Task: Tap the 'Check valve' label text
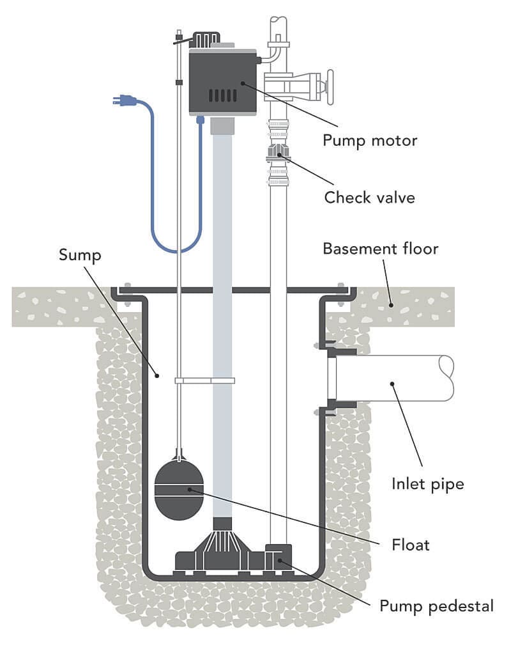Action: click(369, 197)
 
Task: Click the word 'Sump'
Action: click(80, 254)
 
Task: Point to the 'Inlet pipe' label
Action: click(427, 484)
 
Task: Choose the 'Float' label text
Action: click(410, 545)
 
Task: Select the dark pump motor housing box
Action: click(222, 81)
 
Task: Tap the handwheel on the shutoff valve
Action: click(330, 86)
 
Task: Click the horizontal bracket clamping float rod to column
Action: click(204, 380)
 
